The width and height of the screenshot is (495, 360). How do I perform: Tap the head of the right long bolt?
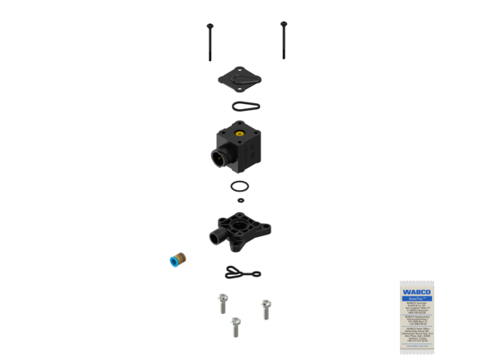pyautogui.click(x=283, y=23)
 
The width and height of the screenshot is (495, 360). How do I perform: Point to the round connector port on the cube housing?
pyautogui.click(x=220, y=154)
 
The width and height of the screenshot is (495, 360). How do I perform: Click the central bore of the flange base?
pyautogui.click(x=241, y=224)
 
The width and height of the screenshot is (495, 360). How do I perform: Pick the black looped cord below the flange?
pyautogui.click(x=239, y=273)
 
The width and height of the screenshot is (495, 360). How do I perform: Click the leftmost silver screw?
pyautogui.click(x=220, y=301)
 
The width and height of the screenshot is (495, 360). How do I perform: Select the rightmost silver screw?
pyautogui.click(x=266, y=307)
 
